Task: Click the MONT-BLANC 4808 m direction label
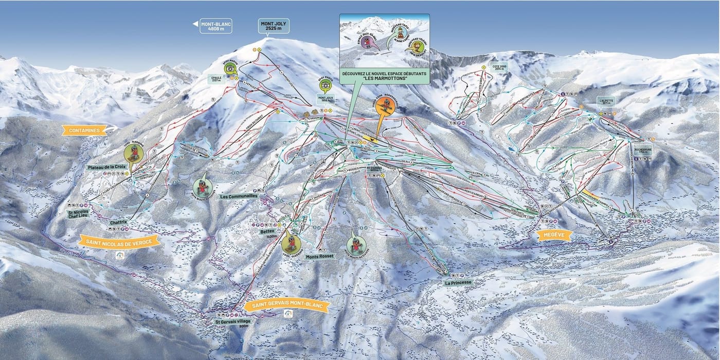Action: tap(216, 26)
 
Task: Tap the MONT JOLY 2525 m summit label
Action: tap(274, 26)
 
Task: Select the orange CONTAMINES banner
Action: tap(84, 130)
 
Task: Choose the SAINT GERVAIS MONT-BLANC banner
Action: tap(286, 305)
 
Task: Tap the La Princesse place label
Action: tap(457, 282)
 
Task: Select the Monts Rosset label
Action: tap(319, 256)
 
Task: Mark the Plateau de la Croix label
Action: tap(106, 167)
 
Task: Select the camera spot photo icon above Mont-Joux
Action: tap(325, 86)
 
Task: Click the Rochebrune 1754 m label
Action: tap(643, 151)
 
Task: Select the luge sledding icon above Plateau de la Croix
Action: tap(134, 152)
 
